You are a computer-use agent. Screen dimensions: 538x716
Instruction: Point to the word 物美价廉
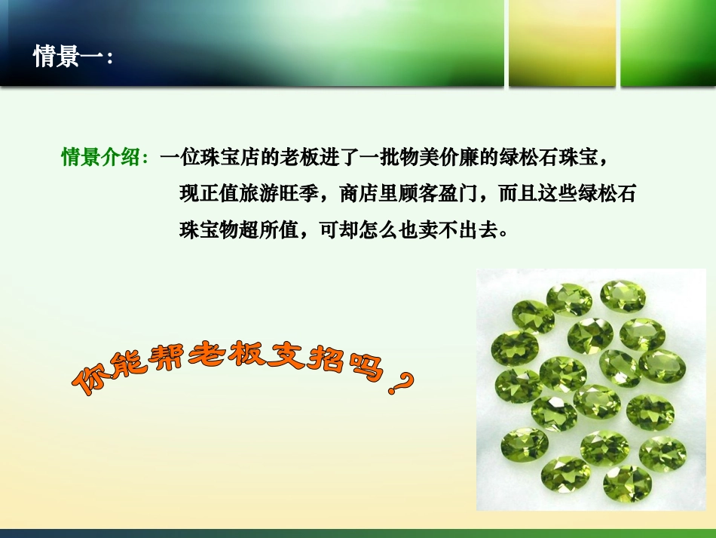pyautogui.click(x=439, y=158)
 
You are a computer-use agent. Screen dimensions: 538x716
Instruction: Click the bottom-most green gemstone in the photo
pyautogui.click(x=627, y=483)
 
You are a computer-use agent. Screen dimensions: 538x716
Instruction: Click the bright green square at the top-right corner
pyautogui.click(x=667, y=43)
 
